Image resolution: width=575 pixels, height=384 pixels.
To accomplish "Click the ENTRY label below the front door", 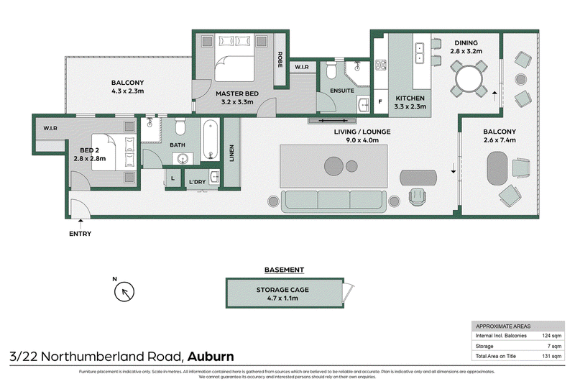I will point(80,234).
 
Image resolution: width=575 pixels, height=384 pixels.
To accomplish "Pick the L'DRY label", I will point(197,182).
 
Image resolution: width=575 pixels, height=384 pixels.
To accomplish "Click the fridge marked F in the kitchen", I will point(379,103).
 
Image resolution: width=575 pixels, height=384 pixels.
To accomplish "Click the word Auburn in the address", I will point(212,356).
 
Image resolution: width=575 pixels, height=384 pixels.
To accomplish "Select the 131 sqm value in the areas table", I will point(551,356).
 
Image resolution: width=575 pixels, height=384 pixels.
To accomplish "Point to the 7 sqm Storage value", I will point(553,346).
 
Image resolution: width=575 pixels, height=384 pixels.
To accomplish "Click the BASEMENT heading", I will point(284,270).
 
